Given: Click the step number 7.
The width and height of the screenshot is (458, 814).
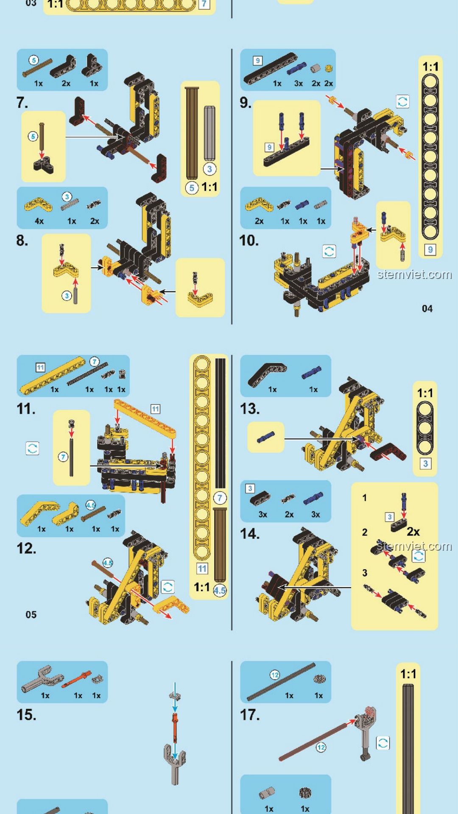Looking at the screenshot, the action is [22, 103].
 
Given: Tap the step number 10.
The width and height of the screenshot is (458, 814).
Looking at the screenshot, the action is [249, 240].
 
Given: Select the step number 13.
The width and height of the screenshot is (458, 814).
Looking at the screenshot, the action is [250, 409].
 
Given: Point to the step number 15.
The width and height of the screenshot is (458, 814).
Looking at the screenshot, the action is [26, 715].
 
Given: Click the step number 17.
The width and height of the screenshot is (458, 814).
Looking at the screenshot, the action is [250, 715].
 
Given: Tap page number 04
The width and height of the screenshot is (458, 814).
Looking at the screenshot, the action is [427, 309].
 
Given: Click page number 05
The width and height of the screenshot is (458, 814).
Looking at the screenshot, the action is [31, 615].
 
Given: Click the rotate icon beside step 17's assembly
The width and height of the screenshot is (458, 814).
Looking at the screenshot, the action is [383, 743].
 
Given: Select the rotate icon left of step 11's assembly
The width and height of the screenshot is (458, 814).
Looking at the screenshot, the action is [32, 448].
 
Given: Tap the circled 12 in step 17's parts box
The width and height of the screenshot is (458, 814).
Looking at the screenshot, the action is [275, 675].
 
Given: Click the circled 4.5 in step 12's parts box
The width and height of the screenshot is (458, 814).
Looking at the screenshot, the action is [91, 505].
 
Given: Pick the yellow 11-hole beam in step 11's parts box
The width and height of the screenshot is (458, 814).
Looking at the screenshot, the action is [53, 375].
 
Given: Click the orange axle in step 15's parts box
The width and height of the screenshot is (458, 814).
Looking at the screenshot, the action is [76, 679].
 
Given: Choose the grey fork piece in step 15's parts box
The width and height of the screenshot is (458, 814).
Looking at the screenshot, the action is [41, 677].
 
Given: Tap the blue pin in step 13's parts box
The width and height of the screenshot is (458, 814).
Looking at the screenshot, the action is [311, 372].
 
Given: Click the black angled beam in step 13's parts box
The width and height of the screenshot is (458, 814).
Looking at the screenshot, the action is [266, 373].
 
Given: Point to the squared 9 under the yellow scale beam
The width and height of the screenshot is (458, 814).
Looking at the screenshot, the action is [430, 250].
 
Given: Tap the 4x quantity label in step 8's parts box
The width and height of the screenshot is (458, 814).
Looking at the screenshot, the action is [39, 221].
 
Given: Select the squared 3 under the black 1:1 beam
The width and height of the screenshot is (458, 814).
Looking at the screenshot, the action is [425, 463].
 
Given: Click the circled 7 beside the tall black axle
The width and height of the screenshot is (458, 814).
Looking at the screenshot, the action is [220, 498].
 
